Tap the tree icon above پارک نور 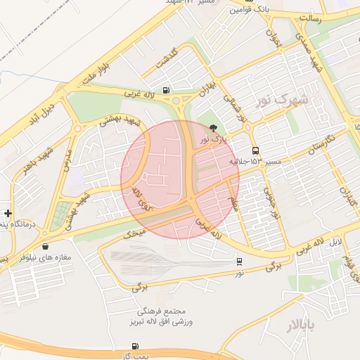(x=214, y=128)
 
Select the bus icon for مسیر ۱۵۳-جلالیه (x=255, y=150)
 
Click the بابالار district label (x=303, y=325)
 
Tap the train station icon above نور (x=239, y=261)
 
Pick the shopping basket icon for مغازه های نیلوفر (x=46, y=247)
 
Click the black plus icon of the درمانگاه (x=8, y=213)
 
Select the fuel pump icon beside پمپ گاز (x=135, y=347)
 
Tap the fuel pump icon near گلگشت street (x=166, y=89)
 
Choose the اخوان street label (x=273, y=35)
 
